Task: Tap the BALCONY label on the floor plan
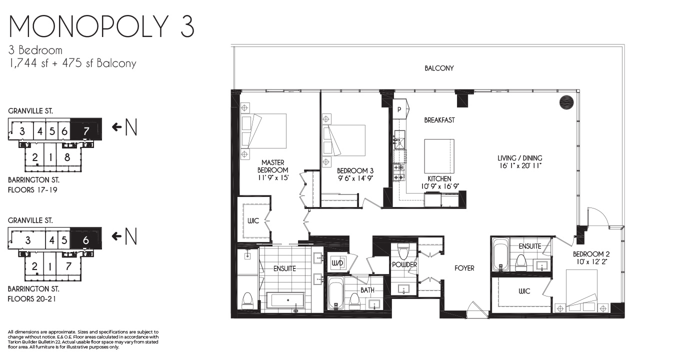pos(439,68)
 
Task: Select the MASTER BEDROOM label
pos(273,166)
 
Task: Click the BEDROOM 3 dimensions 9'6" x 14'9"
pos(355,178)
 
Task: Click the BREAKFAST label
pos(439,120)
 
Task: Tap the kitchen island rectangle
pos(439,156)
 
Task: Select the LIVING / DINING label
pos(519,158)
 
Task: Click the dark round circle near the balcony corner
pos(566,102)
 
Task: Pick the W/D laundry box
pos(337,263)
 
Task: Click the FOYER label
pos(464,268)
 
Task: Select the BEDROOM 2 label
pos(591,254)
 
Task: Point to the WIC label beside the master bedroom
pos(253,221)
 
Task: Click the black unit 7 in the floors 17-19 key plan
pos(86,129)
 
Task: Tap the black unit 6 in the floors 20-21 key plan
pos(86,238)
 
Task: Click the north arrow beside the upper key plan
pos(116,127)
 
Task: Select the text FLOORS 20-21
pos(31,299)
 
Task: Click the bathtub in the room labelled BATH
pos(335,293)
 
